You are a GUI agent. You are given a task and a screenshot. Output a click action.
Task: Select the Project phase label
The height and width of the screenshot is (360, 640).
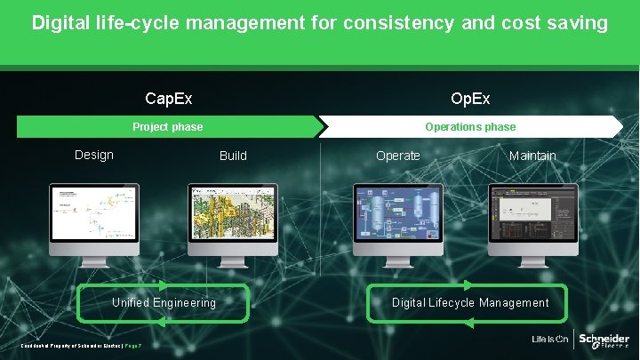(x=167, y=127)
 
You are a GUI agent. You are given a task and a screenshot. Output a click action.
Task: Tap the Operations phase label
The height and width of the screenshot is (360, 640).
(x=469, y=127)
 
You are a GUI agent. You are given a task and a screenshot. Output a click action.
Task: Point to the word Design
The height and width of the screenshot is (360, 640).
(x=94, y=155)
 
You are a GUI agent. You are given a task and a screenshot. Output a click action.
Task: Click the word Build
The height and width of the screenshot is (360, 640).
(x=233, y=156)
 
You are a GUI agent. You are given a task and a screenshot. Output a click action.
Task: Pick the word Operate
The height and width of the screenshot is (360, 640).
(x=398, y=156)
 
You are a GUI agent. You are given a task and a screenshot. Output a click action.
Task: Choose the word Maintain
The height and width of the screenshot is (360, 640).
(x=532, y=156)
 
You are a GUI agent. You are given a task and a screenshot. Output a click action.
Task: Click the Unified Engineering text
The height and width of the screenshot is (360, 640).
(x=164, y=303)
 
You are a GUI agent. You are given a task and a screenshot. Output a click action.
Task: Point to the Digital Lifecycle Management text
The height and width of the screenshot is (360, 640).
(x=470, y=303)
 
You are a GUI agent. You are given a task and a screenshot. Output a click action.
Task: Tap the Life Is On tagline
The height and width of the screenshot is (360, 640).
(x=550, y=340)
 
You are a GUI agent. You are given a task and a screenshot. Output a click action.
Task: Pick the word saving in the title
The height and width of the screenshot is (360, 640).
(x=579, y=22)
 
